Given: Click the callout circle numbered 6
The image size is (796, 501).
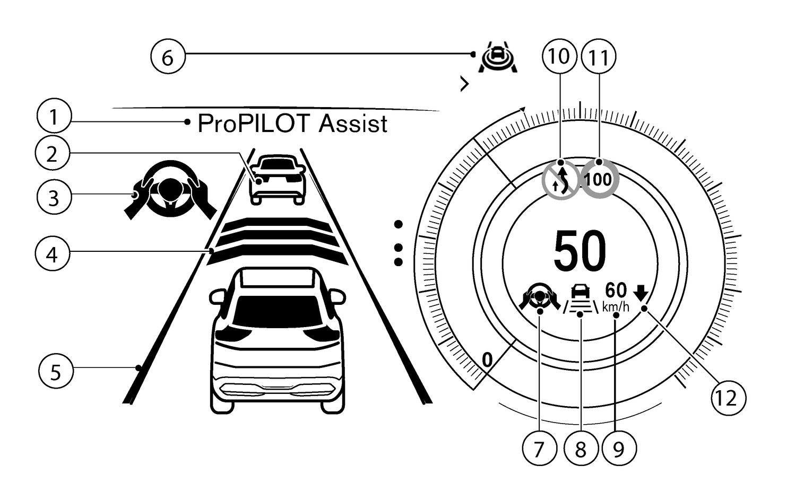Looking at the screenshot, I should pyautogui.click(x=167, y=57).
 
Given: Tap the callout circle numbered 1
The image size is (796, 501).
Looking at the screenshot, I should pyautogui.click(x=54, y=117).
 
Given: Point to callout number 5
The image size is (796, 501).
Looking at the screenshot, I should pyautogui.click(x=56, y=372).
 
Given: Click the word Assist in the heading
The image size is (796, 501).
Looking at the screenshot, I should pyautogui.click(x=353, y=124).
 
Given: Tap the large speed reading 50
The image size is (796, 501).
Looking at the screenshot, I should pyautogui.click(x=579, y=251).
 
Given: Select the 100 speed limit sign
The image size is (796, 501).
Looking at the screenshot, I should pyautogui.click(x=599, y=179).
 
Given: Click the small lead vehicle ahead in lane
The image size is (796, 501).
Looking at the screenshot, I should pyautogui.click(x=278, y=179).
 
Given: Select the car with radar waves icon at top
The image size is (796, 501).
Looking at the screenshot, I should pyautogui.click(x=497, y=58).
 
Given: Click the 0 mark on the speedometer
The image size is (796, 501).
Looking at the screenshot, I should pyautogui.click(x=487, y=360).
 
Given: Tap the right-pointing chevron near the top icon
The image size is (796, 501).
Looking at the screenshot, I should pyautogui.click(x=465, y=84).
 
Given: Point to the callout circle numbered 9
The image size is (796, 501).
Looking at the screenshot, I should pyautogui.click(x=618, y=449).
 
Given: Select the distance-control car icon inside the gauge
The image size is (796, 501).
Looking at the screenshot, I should pyautogui.click(x=581, y=299).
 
